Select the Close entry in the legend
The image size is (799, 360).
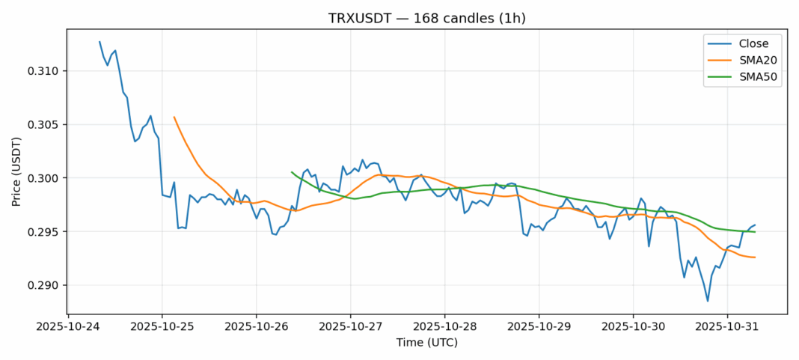(748, 43)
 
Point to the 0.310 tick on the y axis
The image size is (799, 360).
(44, 71)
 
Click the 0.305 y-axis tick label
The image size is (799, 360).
(44, 125)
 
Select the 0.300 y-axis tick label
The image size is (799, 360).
(44, 178)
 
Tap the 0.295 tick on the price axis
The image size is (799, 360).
(44, 232)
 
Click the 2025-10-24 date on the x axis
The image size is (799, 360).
(68, 327)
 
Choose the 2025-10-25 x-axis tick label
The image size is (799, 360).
(162, 327)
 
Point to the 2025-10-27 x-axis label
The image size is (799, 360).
(350, 327)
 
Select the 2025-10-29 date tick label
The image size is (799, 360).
(539, 327)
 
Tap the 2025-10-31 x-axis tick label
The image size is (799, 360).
(726, 327)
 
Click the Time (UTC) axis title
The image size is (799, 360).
(426, 343)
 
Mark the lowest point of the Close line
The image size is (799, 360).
(708, 301)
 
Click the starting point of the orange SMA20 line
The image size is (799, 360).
(174, 117)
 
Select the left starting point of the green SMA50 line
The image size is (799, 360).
(292, 171)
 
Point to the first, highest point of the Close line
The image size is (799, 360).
(100, 42)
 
